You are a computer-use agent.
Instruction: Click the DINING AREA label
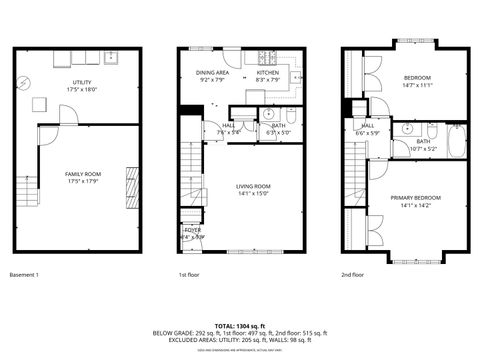pos(212,73)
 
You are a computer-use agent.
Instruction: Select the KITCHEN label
pos(267,73)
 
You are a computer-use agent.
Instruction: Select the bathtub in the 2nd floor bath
pos(455,142)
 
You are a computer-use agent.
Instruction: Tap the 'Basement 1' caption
pos(24,274)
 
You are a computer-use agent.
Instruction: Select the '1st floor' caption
pos(189,274)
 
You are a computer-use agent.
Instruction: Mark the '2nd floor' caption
pos(353,274)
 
